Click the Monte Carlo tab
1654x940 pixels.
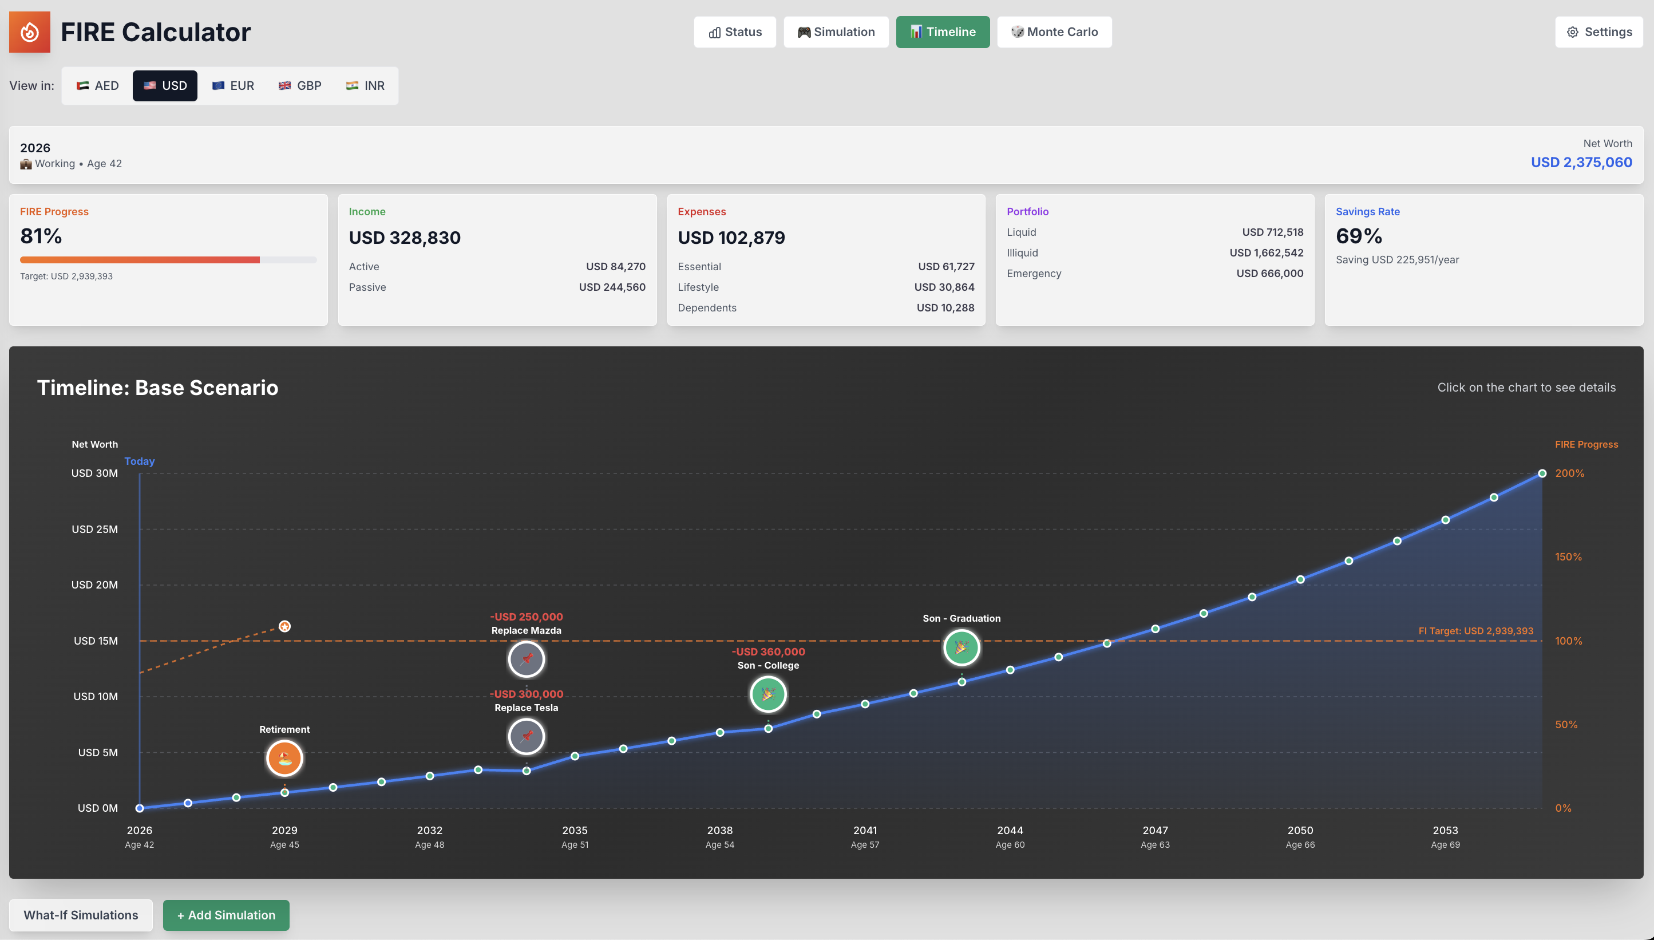pos(1054,31)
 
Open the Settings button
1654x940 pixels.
pos(1598,31)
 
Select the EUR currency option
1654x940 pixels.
pos(233,86)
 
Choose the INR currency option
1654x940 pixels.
pos(365,86)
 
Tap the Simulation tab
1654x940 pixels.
pos(836,31)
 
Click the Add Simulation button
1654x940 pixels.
pos(226,915)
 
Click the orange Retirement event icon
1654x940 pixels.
pos(284,758)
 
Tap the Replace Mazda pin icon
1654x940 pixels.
pos(527,659)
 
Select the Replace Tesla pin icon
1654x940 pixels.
pos(527,737)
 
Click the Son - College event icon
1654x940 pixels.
pos(768,694)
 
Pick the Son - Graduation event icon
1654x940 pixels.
pos(961,647)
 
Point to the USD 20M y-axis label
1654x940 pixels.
pos(94,585)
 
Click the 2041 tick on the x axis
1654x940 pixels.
pos(865,830)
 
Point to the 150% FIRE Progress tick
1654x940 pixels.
pos(1568,556)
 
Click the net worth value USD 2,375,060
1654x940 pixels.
pos(1581,162)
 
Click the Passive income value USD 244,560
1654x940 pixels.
pos(612,287)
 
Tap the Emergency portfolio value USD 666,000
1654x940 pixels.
pos(1269,274)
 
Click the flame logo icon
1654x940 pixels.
pos(30,31)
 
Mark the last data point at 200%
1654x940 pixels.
pos(1542,474)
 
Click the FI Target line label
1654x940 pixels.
pos(1475,631)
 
